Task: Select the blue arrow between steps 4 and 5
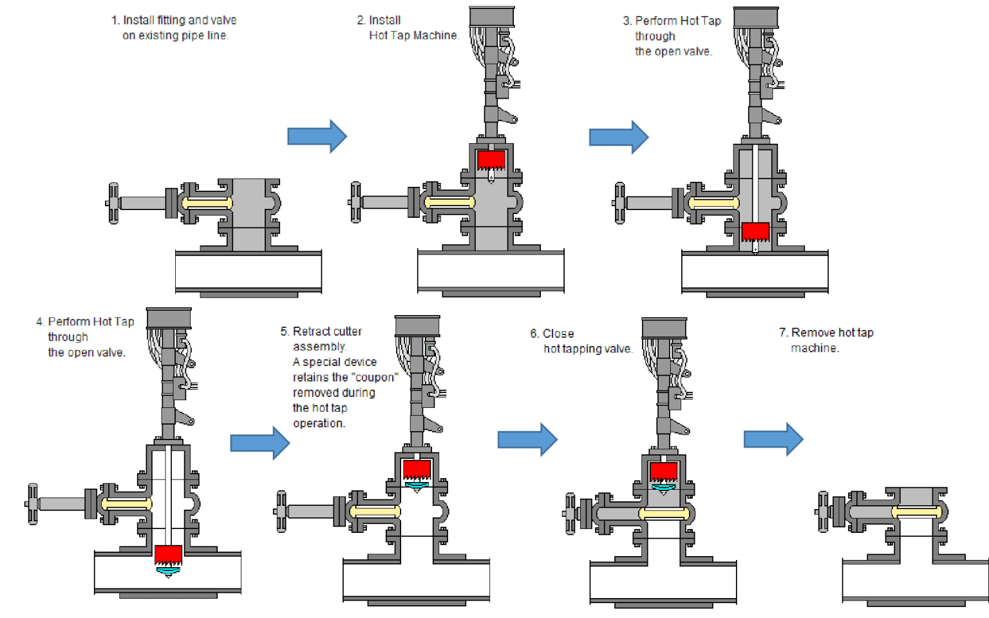click(259, 443)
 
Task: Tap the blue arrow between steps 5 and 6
click(527, 439)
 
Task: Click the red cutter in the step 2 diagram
click(491, 160)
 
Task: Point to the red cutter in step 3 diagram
click(755, 231)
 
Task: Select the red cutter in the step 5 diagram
click(417, 469)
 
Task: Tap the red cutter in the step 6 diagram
click(663, 471)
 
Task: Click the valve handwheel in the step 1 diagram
click(113, 203)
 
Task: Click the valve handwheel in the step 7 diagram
click(823, 512)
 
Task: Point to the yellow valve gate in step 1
click(207, 203)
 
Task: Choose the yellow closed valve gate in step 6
click(664, 514)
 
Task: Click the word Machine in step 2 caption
click(435, 35)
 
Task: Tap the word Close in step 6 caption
click(558, 333)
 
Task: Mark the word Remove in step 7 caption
click(813, 333)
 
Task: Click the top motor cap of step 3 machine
click(756, 17)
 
